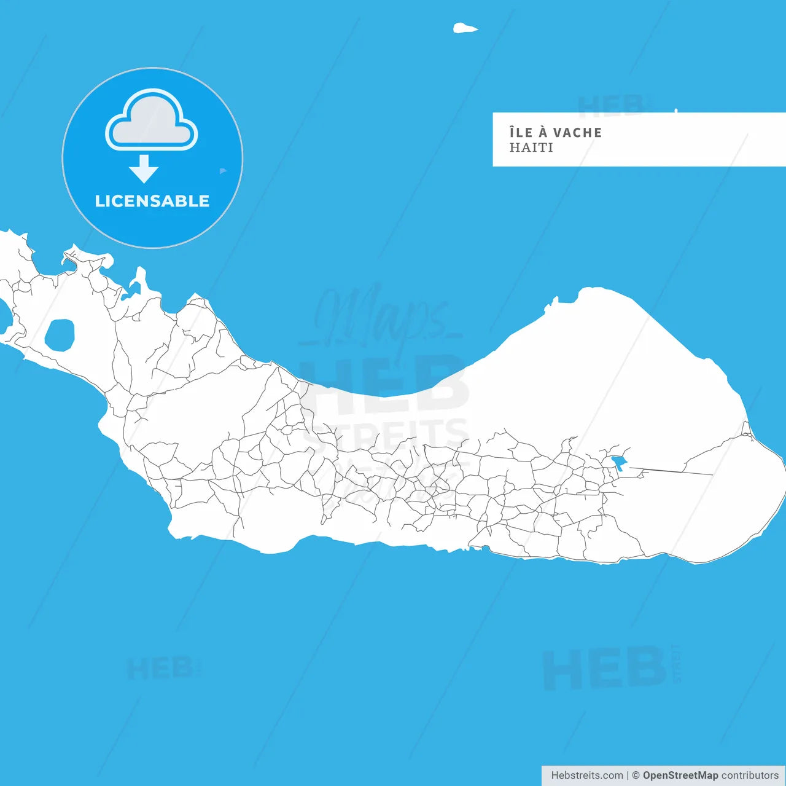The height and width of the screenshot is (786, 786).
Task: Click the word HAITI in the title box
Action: [x=531, y=148]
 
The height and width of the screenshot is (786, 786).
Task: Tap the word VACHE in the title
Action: [x=577, y=133]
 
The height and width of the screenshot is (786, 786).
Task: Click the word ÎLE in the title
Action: [x=521, y=132]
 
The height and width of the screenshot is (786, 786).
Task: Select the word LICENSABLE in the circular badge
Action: [x=152, y=201]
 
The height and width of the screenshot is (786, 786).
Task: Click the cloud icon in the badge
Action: [x=152, y=120]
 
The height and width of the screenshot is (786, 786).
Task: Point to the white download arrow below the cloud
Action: [x=144, y=168]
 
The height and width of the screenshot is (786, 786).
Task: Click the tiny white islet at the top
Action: [x=464, y=28]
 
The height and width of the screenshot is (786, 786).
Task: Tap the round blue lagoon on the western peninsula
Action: [x=60, y=335]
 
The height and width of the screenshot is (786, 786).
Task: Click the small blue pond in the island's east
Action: [x=619, y=462]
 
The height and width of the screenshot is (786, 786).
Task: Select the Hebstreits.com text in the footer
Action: [x=586, y=776]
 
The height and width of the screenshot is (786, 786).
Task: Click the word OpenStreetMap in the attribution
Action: [x=680, y=776]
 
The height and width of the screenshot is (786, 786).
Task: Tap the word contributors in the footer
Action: [x=749, y=776]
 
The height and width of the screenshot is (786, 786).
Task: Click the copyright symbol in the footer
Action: [x=636, y=776]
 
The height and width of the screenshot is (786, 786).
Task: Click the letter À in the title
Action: [x=543, y=132]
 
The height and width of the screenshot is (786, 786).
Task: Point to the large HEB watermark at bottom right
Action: [x=605, y=668]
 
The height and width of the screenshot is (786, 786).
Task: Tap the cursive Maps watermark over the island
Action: [x=381, y=316]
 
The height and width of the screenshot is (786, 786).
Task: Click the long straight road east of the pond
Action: [x=672, y=471]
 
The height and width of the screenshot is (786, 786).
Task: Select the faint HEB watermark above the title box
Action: [x=611, y=106]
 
